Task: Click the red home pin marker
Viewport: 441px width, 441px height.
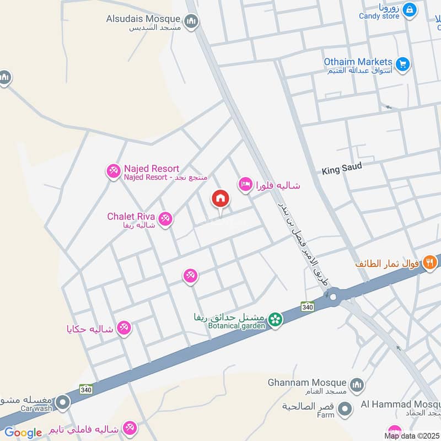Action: pos(220,198)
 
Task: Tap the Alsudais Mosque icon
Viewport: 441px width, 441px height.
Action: pos(192,21)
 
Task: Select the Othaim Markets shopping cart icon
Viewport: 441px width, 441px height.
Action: pos(403,64)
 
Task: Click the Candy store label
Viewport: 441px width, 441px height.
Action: pos(379,17)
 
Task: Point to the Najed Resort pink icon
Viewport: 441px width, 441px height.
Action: pos(113,171)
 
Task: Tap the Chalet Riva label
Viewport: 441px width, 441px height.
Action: pos(131,217)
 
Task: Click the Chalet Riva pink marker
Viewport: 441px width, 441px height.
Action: pos(165,220)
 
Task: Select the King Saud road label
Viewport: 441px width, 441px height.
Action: pos(342,168)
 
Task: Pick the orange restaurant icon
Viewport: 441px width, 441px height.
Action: pos(429,263)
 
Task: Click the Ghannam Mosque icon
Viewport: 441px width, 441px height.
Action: pos(357,384)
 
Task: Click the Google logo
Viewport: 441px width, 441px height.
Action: pos(23,433)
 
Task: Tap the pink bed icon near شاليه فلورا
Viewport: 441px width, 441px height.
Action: pos(245,185)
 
